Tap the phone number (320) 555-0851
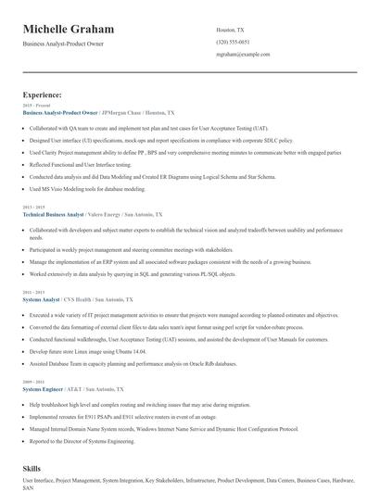click(x=233, y=42)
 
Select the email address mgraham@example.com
click(x=243, y=55)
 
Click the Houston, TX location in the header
click(x=230, y=30)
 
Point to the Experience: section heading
click(x=43, y=94)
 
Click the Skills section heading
click(x=32, y=470)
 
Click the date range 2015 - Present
click(x=34, y=106)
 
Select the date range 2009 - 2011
click(x=32, y=382)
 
